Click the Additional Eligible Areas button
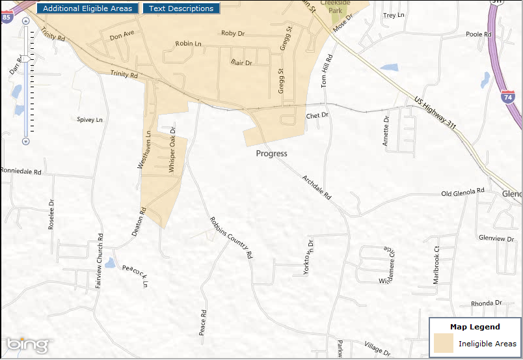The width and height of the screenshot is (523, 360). pyautogui.click(x=87, y=8)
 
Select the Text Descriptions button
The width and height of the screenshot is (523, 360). pyautogui.click(x=181, y=8)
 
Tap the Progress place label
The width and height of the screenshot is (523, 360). pyautogui.click(x=271, y=154)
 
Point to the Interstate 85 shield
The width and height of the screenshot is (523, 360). pyautogui.click(x=6, y=16)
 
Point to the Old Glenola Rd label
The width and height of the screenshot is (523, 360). pyautogui.click(x=463, y=192)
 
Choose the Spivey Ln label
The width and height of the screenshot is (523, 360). pyautogui.click(x=90, y=120)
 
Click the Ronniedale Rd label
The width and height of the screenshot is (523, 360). pyautogui.click(x=21, y=172)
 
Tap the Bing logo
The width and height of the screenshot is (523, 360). pyautogui.click(x=27, y=344)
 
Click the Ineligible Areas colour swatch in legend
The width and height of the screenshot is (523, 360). pyautogui.click(x=444, y=343)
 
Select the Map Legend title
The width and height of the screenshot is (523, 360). pyautogui.click(x=475, y=327)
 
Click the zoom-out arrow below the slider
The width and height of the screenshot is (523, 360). pyautogui.click(x=26, y=141)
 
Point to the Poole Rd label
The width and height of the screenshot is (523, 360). pyautogui.click(x=478, y=34)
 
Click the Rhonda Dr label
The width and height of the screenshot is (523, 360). pyautogui.click(x=486, y=303)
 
